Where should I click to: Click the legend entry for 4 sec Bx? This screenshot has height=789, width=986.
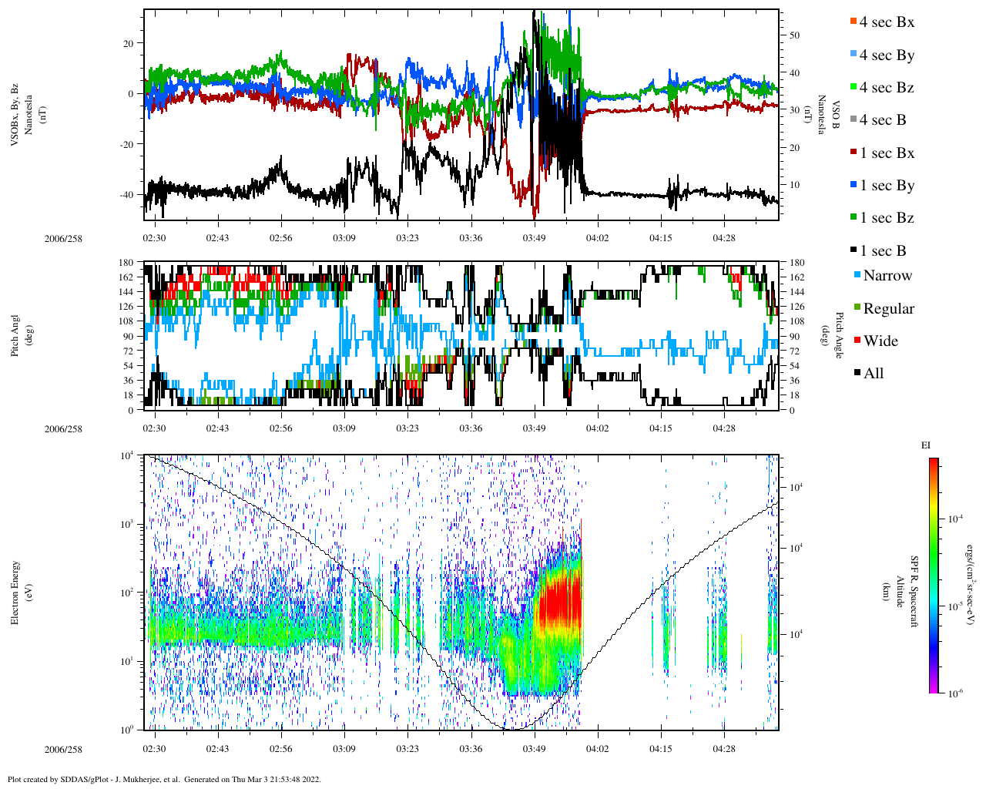pos(886,22)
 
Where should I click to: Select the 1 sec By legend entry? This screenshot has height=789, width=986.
pos(886,186)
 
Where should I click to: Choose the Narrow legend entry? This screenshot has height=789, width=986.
pos(887,276)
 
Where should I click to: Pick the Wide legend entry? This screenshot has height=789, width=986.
pos(880,341)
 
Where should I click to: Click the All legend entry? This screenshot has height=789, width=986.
pos(873,374)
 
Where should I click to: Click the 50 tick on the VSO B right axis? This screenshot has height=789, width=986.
pos(794,35)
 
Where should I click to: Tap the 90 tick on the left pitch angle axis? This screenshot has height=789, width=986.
pos(128,337)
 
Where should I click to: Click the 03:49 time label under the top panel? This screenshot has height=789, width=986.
pos(534,238)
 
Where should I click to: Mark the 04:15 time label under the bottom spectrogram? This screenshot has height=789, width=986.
pos(661,749)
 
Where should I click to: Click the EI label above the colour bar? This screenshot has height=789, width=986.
pos(926,445)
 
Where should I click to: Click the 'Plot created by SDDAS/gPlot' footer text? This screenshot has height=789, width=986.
pos(164,779)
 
